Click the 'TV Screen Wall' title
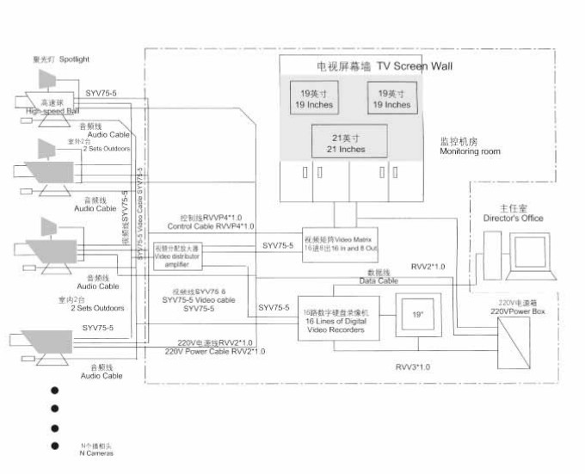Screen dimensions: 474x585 (379, 66)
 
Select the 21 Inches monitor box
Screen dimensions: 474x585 (348, 143)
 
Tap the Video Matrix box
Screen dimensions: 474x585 (341, 243)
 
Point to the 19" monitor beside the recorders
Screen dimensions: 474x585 (417, 316)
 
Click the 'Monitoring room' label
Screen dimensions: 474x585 (470, 152)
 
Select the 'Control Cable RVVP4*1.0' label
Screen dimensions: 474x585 (211, 226)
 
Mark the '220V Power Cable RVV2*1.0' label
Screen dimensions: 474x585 (215, 351)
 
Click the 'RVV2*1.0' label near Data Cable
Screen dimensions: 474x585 (428, 267)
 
